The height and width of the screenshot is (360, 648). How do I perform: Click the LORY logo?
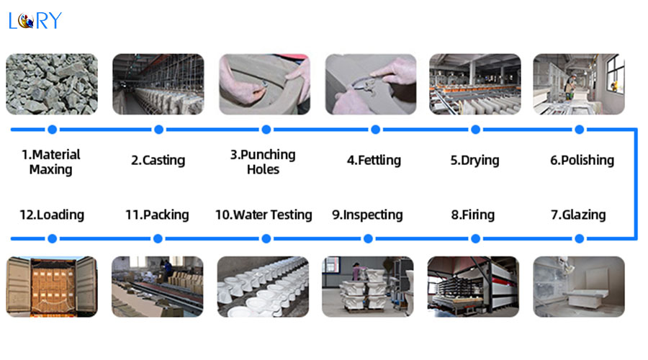[35, 21]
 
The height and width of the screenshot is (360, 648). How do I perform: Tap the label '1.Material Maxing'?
[51, 162]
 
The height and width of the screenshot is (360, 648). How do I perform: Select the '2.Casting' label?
[158, 160]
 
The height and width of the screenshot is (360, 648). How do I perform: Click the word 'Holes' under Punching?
[263, 169]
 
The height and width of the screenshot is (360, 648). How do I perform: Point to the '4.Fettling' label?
[374, 160]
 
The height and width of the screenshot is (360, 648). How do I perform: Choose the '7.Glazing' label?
[578, 215]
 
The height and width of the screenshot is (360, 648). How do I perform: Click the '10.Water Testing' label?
[264, 215]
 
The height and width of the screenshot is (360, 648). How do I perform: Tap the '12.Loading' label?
[52, 215]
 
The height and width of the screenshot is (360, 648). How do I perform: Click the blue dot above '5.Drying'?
[476, 130]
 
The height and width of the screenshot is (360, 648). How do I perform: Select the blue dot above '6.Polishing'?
[580, 130]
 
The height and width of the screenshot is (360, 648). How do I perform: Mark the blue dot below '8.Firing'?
[476, 238]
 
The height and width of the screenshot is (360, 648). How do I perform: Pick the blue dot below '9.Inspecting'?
[368, 238]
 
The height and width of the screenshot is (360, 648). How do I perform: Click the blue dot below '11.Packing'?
[158, 238]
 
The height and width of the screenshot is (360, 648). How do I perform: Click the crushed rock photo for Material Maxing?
[52, 84]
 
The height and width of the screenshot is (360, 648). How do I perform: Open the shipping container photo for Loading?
[52, 287]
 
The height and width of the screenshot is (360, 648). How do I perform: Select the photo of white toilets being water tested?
[263, 287]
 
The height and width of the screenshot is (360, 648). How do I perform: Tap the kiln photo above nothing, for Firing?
[473, 287]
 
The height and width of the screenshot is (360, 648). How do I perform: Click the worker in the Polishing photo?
[570, 87]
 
